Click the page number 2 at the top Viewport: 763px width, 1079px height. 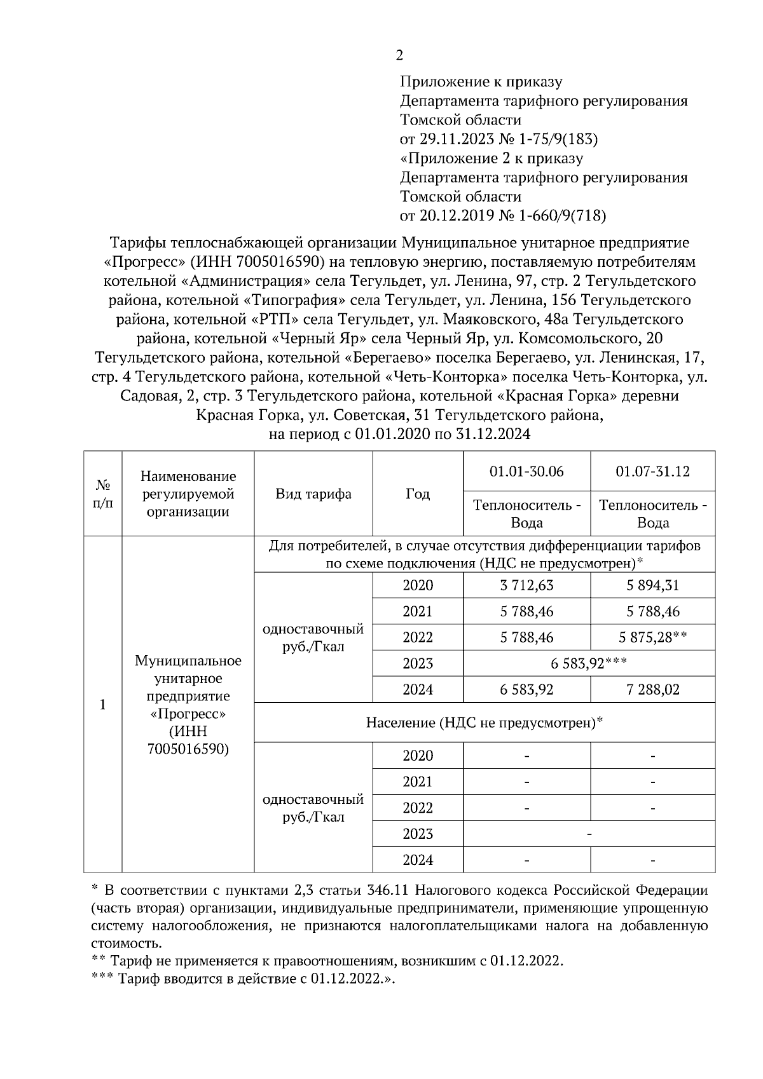(399, 55)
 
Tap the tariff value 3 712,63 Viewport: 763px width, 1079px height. (526, 585)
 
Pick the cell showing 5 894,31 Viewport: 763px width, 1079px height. (652, 585)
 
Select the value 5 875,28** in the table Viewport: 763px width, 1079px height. (652, 637)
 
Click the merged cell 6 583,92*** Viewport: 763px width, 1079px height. (589, 663)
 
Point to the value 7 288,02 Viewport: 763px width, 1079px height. (652, 689)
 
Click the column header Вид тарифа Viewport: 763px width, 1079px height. (313, 494)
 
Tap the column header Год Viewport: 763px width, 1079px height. (417, 494)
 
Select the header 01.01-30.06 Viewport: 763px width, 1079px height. (526, 472)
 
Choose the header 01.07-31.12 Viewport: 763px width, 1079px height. (652, 472)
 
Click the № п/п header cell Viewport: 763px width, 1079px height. (103, 494)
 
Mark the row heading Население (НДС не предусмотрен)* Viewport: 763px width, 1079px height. (484, 723)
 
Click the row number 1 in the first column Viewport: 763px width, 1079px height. (103, 705)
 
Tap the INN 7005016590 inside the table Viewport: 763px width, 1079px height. (188, 749)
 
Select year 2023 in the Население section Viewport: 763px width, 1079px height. (417, 834)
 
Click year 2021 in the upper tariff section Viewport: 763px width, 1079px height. (417, 611)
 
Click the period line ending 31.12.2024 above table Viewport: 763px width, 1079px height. (399, 435)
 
